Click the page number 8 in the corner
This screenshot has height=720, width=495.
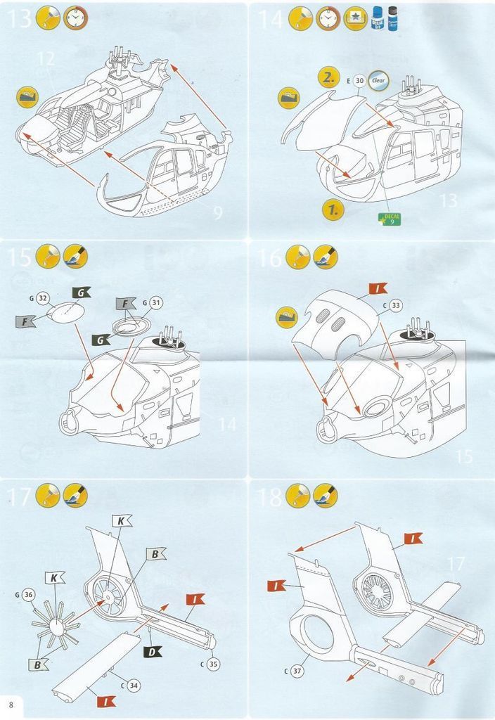(11, 705)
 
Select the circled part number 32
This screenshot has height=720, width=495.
(41, 298)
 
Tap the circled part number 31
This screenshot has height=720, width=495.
(156, 303)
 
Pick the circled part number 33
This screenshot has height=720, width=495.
(396, 305)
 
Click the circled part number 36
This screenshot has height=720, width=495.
(27, 595)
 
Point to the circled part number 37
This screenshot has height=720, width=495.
(297, 671)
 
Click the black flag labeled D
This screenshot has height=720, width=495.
(153, 652)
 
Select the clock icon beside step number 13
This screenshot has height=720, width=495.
(75, 17)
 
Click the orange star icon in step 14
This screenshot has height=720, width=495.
(355, 18)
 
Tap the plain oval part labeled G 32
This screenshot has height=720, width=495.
(69, 312)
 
